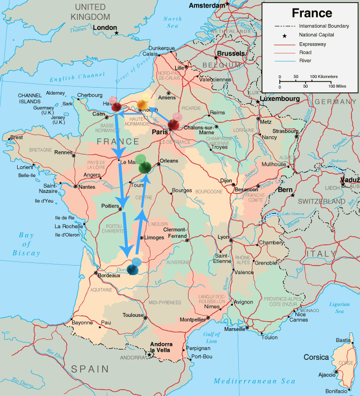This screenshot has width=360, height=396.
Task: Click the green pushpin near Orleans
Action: [x=144, y=165]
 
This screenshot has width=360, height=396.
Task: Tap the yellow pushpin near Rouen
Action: [x=143, y=104]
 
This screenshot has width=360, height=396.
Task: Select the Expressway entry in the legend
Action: [x=314, y=44]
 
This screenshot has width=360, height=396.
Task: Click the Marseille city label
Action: [x=235, y=329]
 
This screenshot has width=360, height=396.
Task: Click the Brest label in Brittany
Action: [x=17, y=137]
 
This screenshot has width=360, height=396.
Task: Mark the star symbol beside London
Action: [x=117, y=33]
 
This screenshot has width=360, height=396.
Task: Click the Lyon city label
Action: [x=223, y=237]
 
